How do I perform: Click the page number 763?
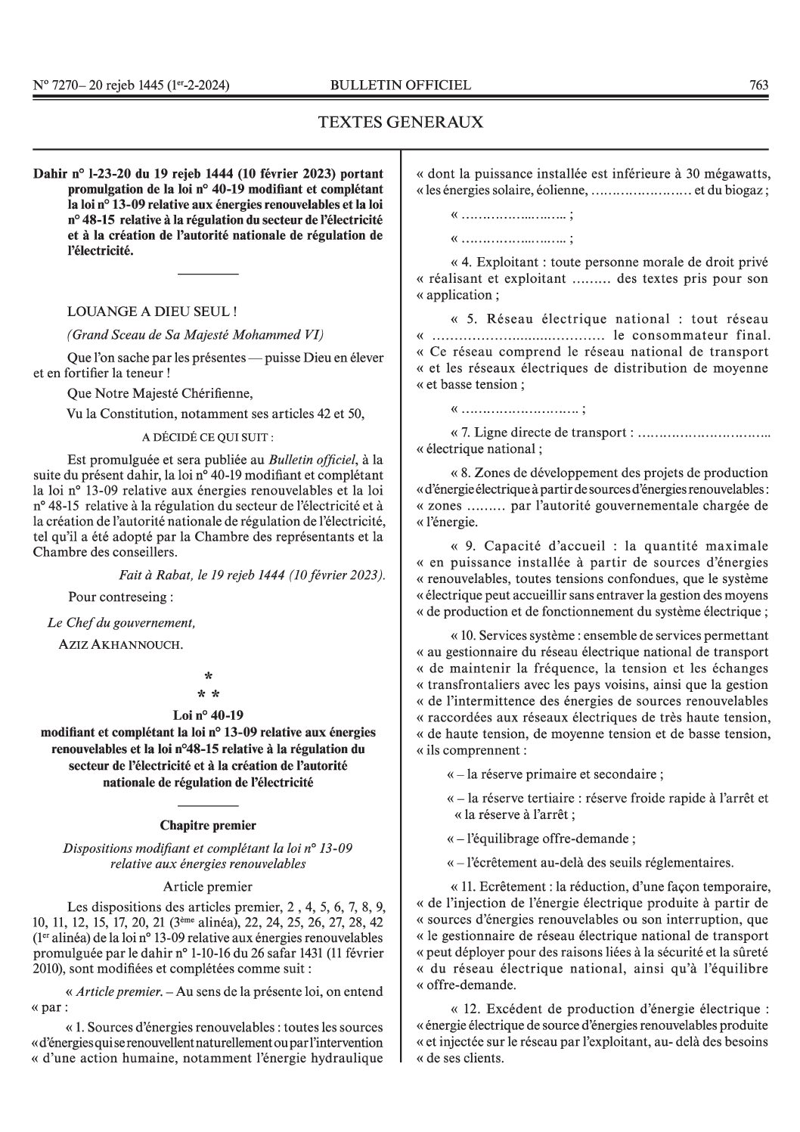(x=758, y=85)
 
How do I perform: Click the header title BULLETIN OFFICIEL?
(x=401, y=85)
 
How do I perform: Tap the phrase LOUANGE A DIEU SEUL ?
(x=153, y=311)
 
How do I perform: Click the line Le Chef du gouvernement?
(x=121, y=623)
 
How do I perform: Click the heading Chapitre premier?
(x=208, y=825)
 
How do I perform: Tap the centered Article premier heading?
(x=208, y=886)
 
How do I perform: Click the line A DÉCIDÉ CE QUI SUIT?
(x=208, y=437)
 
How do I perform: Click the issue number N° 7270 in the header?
(x=57, y=85)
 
